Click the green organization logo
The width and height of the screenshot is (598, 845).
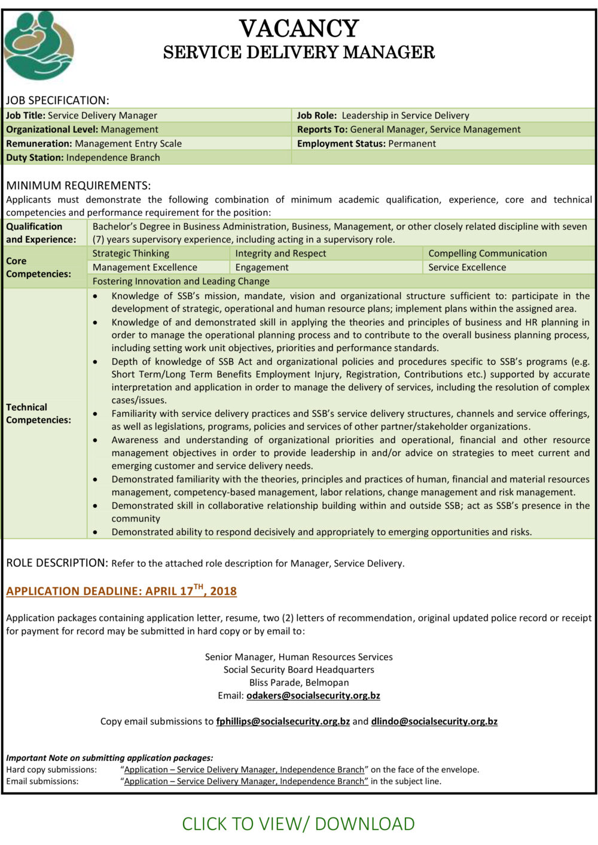[38, 45]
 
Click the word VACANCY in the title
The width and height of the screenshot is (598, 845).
[299, 29]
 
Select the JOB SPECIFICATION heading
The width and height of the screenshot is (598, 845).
[57, 100]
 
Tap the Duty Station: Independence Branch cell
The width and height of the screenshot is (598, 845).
[83, 157]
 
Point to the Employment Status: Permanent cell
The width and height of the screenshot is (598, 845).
[366, 144]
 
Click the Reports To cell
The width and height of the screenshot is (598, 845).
[408, 129]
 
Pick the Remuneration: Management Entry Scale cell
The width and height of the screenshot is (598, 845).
[94, 144]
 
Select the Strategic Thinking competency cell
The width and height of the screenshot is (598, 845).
[131, 253]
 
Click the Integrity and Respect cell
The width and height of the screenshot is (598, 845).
[280, 253]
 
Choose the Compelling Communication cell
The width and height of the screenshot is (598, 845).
[487, 253]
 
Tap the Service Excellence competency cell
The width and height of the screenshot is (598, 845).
[467, 267]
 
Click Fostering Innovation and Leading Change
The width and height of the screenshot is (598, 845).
[181, 281]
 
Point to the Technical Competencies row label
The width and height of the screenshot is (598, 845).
[38, 413]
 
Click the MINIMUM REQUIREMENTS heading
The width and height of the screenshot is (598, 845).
[78, 185]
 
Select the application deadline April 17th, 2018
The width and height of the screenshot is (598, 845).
[121, 591]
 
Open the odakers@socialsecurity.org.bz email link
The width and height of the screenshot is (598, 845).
[313, 695]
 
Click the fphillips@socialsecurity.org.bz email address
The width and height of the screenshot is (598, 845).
[283, 721]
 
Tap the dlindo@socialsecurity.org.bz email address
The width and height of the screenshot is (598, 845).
[434, 721]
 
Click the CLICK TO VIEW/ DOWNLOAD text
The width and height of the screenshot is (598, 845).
[298, 823]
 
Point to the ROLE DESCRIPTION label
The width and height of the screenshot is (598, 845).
[57, 563]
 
